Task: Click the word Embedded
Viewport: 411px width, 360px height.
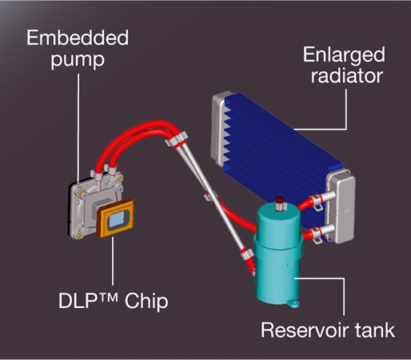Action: click(78, 38)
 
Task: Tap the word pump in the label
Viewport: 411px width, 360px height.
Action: click(78, 60)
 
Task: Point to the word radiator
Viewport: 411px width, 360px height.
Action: click(347, 76)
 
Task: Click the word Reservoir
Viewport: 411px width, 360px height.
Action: click(305, 330)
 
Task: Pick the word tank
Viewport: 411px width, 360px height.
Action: click(375, 330)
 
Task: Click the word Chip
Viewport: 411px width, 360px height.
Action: click(146, 302)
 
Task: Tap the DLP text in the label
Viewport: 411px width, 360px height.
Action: click(78, 301)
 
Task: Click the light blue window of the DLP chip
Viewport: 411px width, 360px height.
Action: click(116, 219)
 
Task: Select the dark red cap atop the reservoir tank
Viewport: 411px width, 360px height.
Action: click(279, 201)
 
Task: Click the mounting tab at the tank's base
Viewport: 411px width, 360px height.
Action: click(293, 303)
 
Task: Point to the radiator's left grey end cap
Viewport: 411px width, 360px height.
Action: click(218, 128)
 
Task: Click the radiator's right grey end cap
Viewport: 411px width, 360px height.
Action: click(341, 206)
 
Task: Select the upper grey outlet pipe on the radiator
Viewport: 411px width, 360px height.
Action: click(325, 197)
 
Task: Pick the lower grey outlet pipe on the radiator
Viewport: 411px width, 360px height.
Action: click(325, 230)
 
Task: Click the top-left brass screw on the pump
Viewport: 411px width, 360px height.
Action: click(79, 192)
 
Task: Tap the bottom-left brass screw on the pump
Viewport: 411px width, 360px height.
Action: click(78, 235)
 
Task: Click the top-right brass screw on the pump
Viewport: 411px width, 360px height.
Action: click(120, 179)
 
